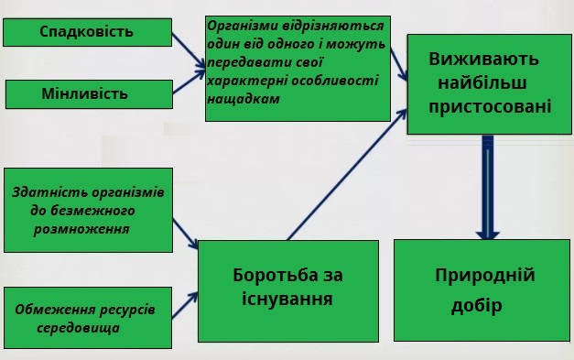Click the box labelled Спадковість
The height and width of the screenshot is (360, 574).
86,32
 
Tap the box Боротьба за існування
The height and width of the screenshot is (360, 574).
287,287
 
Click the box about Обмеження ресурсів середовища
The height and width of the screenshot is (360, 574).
86,317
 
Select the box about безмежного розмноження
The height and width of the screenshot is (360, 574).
86,210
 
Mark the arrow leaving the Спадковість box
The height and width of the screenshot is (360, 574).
187,49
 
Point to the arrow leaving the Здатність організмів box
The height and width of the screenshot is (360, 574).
187,235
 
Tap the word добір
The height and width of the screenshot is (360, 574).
477,305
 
